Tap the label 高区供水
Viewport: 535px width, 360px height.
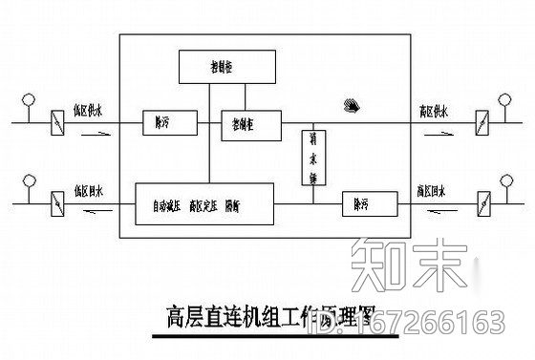pos(436,111)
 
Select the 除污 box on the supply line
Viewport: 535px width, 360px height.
pos(168,122)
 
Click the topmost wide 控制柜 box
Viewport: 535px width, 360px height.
pos(227,67)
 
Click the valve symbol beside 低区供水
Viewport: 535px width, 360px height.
pos(54,122)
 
